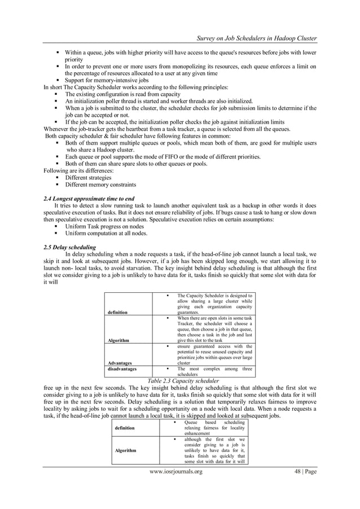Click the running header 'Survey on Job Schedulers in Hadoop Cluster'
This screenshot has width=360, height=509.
(x=256, y=38)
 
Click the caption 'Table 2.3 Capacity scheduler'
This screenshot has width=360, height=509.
(x=179, y=381)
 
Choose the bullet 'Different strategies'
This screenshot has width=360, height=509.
(x=88, y=177)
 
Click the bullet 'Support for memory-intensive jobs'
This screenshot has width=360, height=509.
(x=108, y=80)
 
